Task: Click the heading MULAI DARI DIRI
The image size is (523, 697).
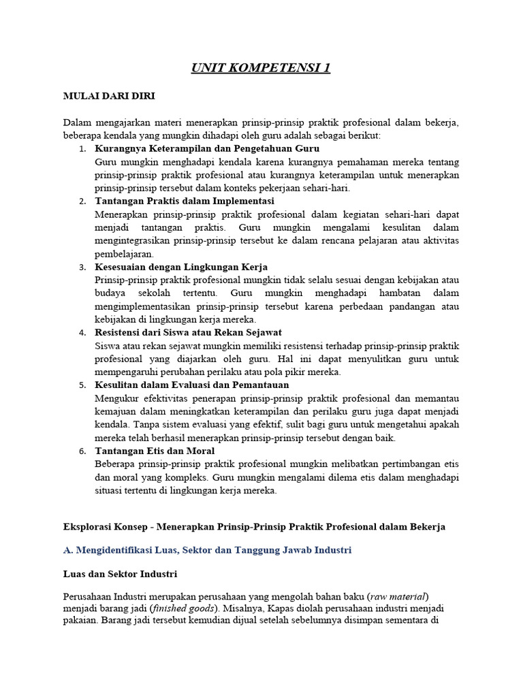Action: pos(109,96)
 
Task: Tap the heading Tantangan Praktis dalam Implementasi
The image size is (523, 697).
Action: pos(185,201)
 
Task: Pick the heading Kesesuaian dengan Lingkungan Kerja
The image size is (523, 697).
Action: pos(182,267)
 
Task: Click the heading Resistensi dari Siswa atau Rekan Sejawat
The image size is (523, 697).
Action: pos(189,332)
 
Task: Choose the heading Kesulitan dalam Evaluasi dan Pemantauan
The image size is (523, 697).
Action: pos(192,385)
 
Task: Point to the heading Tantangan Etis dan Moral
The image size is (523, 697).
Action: pos(155,451)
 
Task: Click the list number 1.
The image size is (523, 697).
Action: pos(82,149)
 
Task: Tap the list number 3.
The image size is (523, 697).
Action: pos(82,268)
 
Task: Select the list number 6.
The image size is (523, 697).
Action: pos(82,451)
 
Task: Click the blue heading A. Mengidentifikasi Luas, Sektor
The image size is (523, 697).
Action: pos(207,549)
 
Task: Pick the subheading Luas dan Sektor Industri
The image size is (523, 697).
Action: pos(121,574)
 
